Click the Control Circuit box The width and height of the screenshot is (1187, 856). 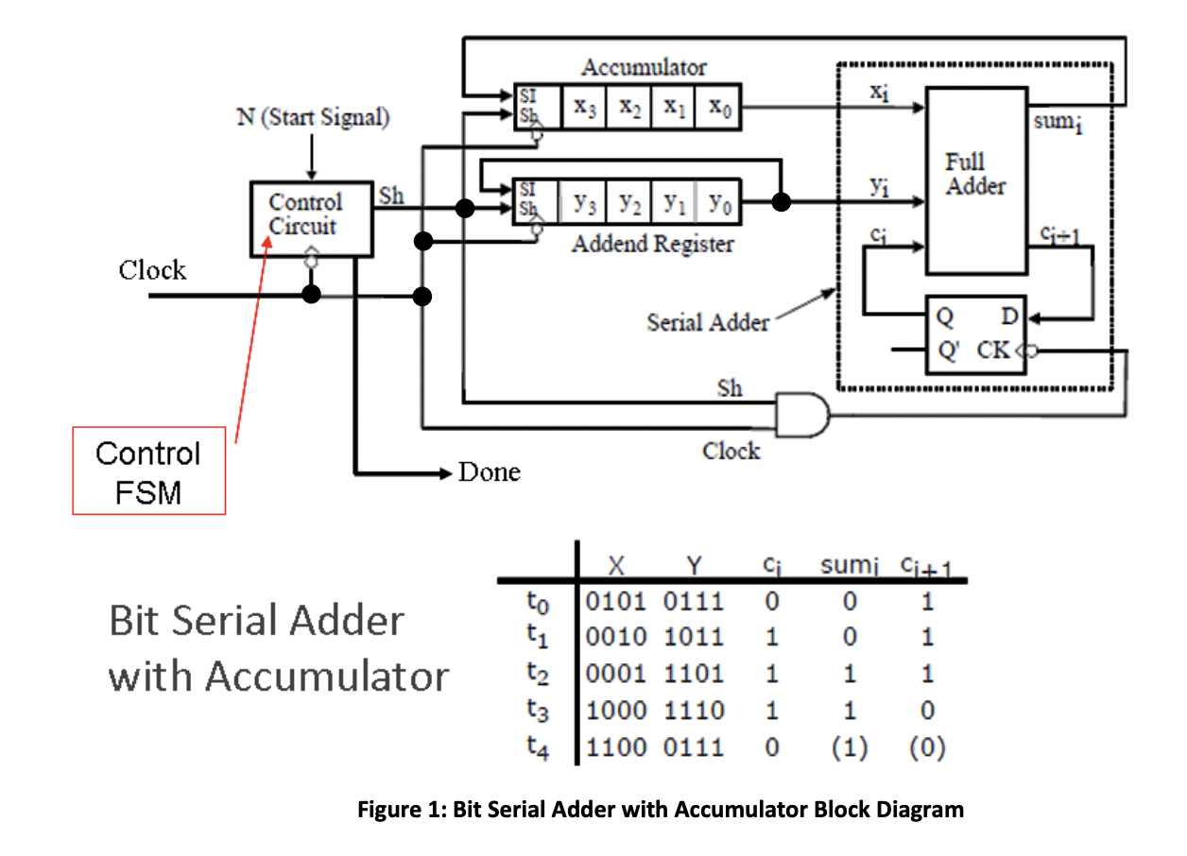point(311,216)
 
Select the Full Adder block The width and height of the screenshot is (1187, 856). point(976,180)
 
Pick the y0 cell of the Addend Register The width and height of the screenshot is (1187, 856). point(720,203)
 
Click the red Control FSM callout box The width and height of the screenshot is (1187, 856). point(149,471)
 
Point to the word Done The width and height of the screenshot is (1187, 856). point(489,471)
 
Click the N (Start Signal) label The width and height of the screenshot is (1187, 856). point(313,118)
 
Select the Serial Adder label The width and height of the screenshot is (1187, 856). point(708,322)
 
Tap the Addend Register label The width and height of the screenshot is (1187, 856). point(652,244)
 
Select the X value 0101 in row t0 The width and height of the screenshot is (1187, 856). point(616,602)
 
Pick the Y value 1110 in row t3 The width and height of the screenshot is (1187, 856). point(694,710)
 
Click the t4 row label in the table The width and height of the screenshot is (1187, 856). point(536,747)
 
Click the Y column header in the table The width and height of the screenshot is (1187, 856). point(695,566)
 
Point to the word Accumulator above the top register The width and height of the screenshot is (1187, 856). point(644,67)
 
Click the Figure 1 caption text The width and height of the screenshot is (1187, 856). point(661,810)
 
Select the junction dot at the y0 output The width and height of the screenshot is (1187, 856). point(781,202)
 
